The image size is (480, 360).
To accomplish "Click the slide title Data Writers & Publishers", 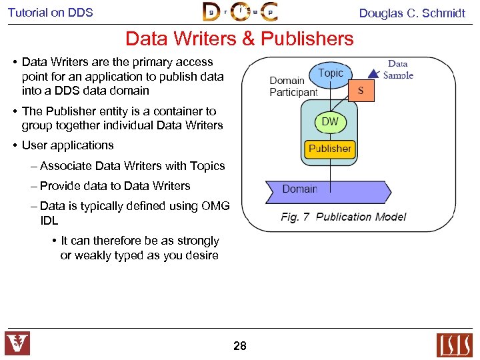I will coord(239,39).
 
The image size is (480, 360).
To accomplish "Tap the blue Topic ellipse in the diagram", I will coord(331,73).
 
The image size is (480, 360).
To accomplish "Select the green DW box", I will coord(330,122).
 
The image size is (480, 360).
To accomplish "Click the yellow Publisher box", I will coord(329,149).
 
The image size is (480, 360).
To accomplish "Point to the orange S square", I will coord(361,90).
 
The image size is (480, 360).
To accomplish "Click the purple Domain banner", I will coord(327,191).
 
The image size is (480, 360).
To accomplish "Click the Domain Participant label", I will coord(293,87).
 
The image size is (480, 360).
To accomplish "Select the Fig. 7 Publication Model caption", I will coord(343,217).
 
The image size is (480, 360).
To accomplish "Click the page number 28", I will coord(240,345).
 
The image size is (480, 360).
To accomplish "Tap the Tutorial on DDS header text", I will coord(51,12).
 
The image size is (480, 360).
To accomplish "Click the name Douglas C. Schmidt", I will coord(412,13).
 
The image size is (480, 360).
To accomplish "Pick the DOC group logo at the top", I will coord(240,12).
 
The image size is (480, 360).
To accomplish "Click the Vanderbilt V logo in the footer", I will coord(18,344).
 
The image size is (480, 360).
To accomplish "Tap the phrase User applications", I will coord(67,145).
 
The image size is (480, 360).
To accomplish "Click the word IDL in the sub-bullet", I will coord(49,220).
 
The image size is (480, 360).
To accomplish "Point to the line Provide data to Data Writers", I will coord(115,186).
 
